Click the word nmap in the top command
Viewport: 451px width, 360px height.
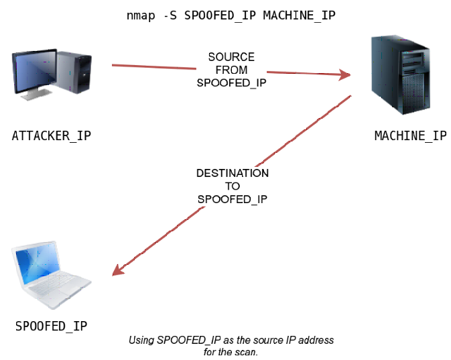pos(139,15)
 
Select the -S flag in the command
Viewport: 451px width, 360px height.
pos(168,15)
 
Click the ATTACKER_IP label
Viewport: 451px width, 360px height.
pos(52,136)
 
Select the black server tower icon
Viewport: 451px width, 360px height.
pos(401,75)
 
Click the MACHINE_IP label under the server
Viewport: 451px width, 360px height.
pos(410,136)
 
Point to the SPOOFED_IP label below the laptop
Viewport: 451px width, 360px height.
pos(52,326)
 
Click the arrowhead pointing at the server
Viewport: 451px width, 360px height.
pos(345,74)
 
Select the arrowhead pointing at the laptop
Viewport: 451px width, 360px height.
pos(118,269)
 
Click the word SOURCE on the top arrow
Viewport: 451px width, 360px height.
pos(231,58)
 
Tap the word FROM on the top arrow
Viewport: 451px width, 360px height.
pos(231,70)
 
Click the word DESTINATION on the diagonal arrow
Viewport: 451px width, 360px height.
pos(233,174)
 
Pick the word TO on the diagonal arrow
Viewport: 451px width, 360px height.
pos(233,186)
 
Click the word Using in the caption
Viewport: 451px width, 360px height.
pos(141,341)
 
